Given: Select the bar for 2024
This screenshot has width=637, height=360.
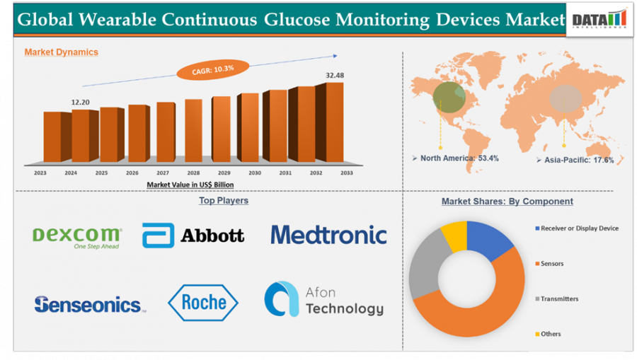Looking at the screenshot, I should (x=81, y=136).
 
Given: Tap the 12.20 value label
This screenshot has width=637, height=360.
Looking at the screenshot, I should (x=81, y=103).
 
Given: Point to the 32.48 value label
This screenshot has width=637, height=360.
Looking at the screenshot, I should (x=335, y=75).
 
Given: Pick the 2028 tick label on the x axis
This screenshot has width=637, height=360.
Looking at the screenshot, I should (x=193, y=172).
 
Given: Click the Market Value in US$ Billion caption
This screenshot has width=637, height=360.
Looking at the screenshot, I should (x=190, y=184).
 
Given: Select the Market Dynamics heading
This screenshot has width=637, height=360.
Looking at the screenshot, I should (x=62, y=52).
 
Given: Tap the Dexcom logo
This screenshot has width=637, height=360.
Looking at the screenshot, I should (x=78, y=237).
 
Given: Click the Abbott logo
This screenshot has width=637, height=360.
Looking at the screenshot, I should (x=193, y=236).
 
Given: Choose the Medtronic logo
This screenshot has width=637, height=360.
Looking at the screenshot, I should (x=328, y=235).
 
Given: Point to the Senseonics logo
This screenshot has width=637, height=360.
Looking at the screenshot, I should (x=89, y=305).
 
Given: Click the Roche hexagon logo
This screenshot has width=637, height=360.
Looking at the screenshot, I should (x=203, y=303).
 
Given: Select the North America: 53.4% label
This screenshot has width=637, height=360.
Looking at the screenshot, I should (x=459, y=158).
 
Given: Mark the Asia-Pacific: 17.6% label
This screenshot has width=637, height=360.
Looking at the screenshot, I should (x=578, y=161).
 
